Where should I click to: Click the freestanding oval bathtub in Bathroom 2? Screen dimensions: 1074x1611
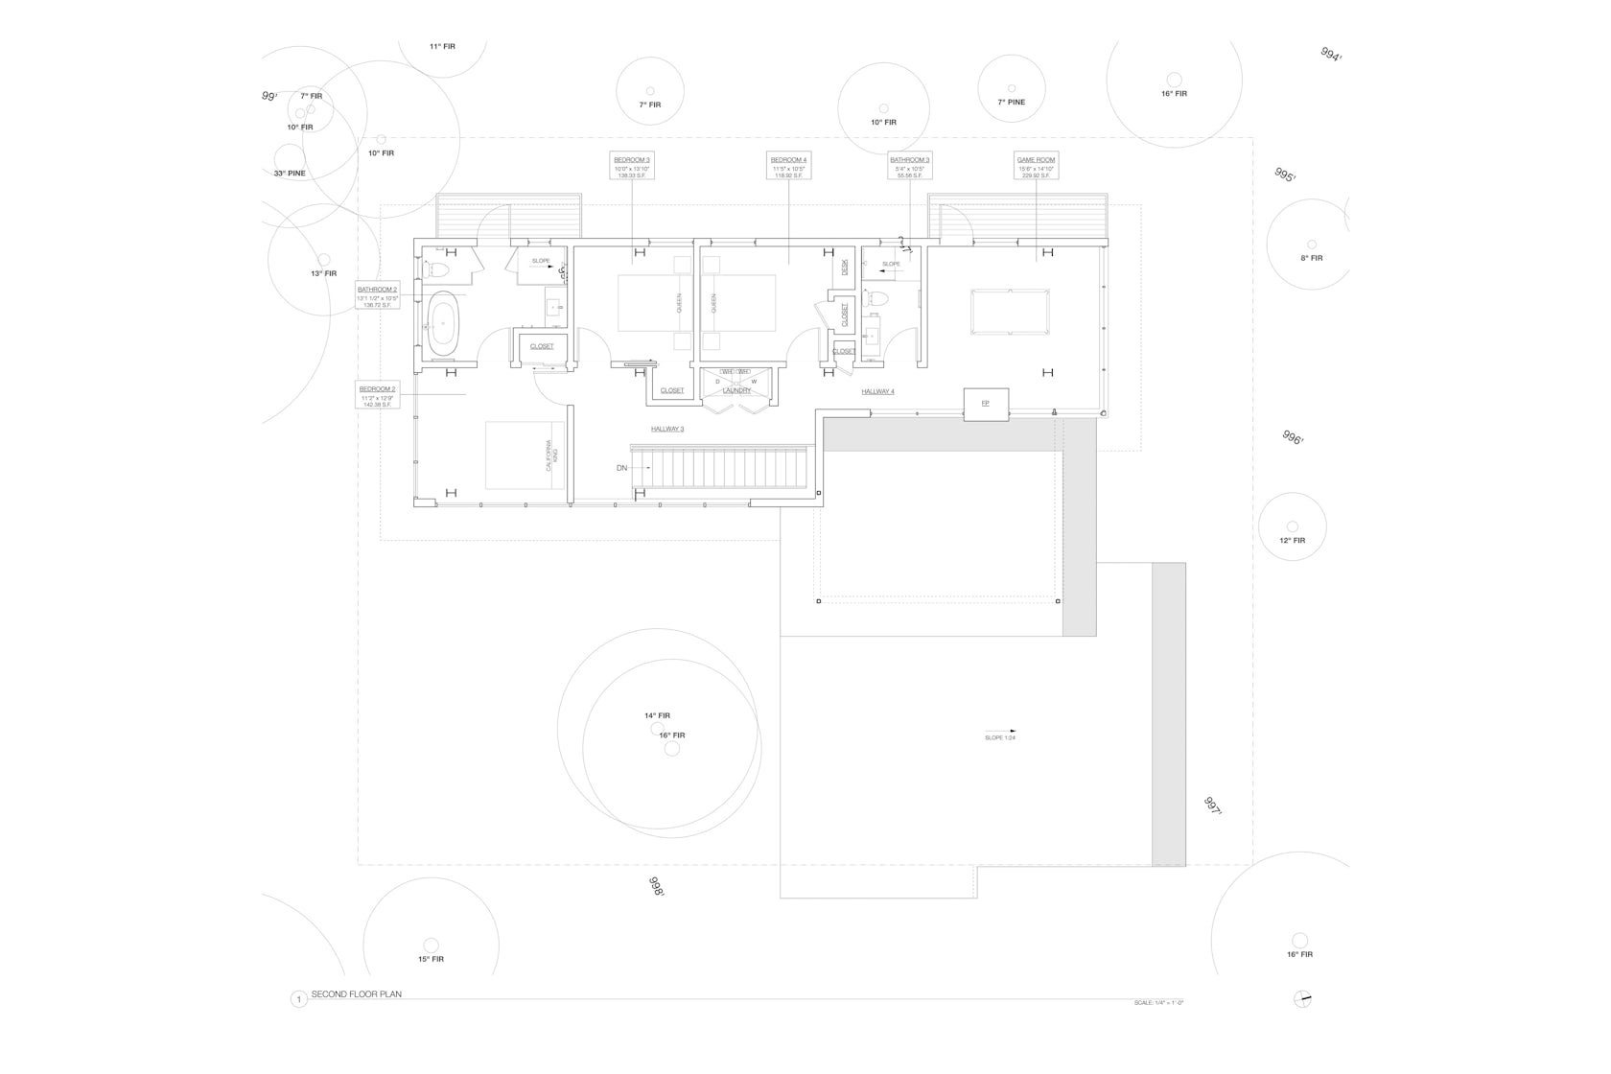443,324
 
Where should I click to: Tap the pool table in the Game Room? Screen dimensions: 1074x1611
1010,312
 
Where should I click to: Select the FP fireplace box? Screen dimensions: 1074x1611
985,404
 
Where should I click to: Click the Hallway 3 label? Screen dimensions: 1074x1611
667,429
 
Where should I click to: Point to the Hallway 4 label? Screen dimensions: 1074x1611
877,391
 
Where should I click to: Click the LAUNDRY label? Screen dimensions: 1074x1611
736,390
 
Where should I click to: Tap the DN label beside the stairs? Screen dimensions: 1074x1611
622,468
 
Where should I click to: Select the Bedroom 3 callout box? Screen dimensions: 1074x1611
632,165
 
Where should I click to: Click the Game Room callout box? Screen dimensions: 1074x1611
1036,165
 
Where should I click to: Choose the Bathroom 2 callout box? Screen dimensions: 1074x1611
377,296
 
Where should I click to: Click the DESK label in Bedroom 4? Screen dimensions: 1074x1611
845,268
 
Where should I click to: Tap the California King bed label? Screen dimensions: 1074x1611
550,455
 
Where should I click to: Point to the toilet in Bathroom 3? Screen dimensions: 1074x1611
876,298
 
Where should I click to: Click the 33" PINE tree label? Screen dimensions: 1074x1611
290,174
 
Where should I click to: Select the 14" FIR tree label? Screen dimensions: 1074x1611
657,715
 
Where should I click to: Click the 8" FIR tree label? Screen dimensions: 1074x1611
1311,258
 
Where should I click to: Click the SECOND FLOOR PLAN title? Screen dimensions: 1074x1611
356,994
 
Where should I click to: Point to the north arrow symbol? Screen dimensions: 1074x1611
1301,999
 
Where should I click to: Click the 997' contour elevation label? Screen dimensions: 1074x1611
1213,805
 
